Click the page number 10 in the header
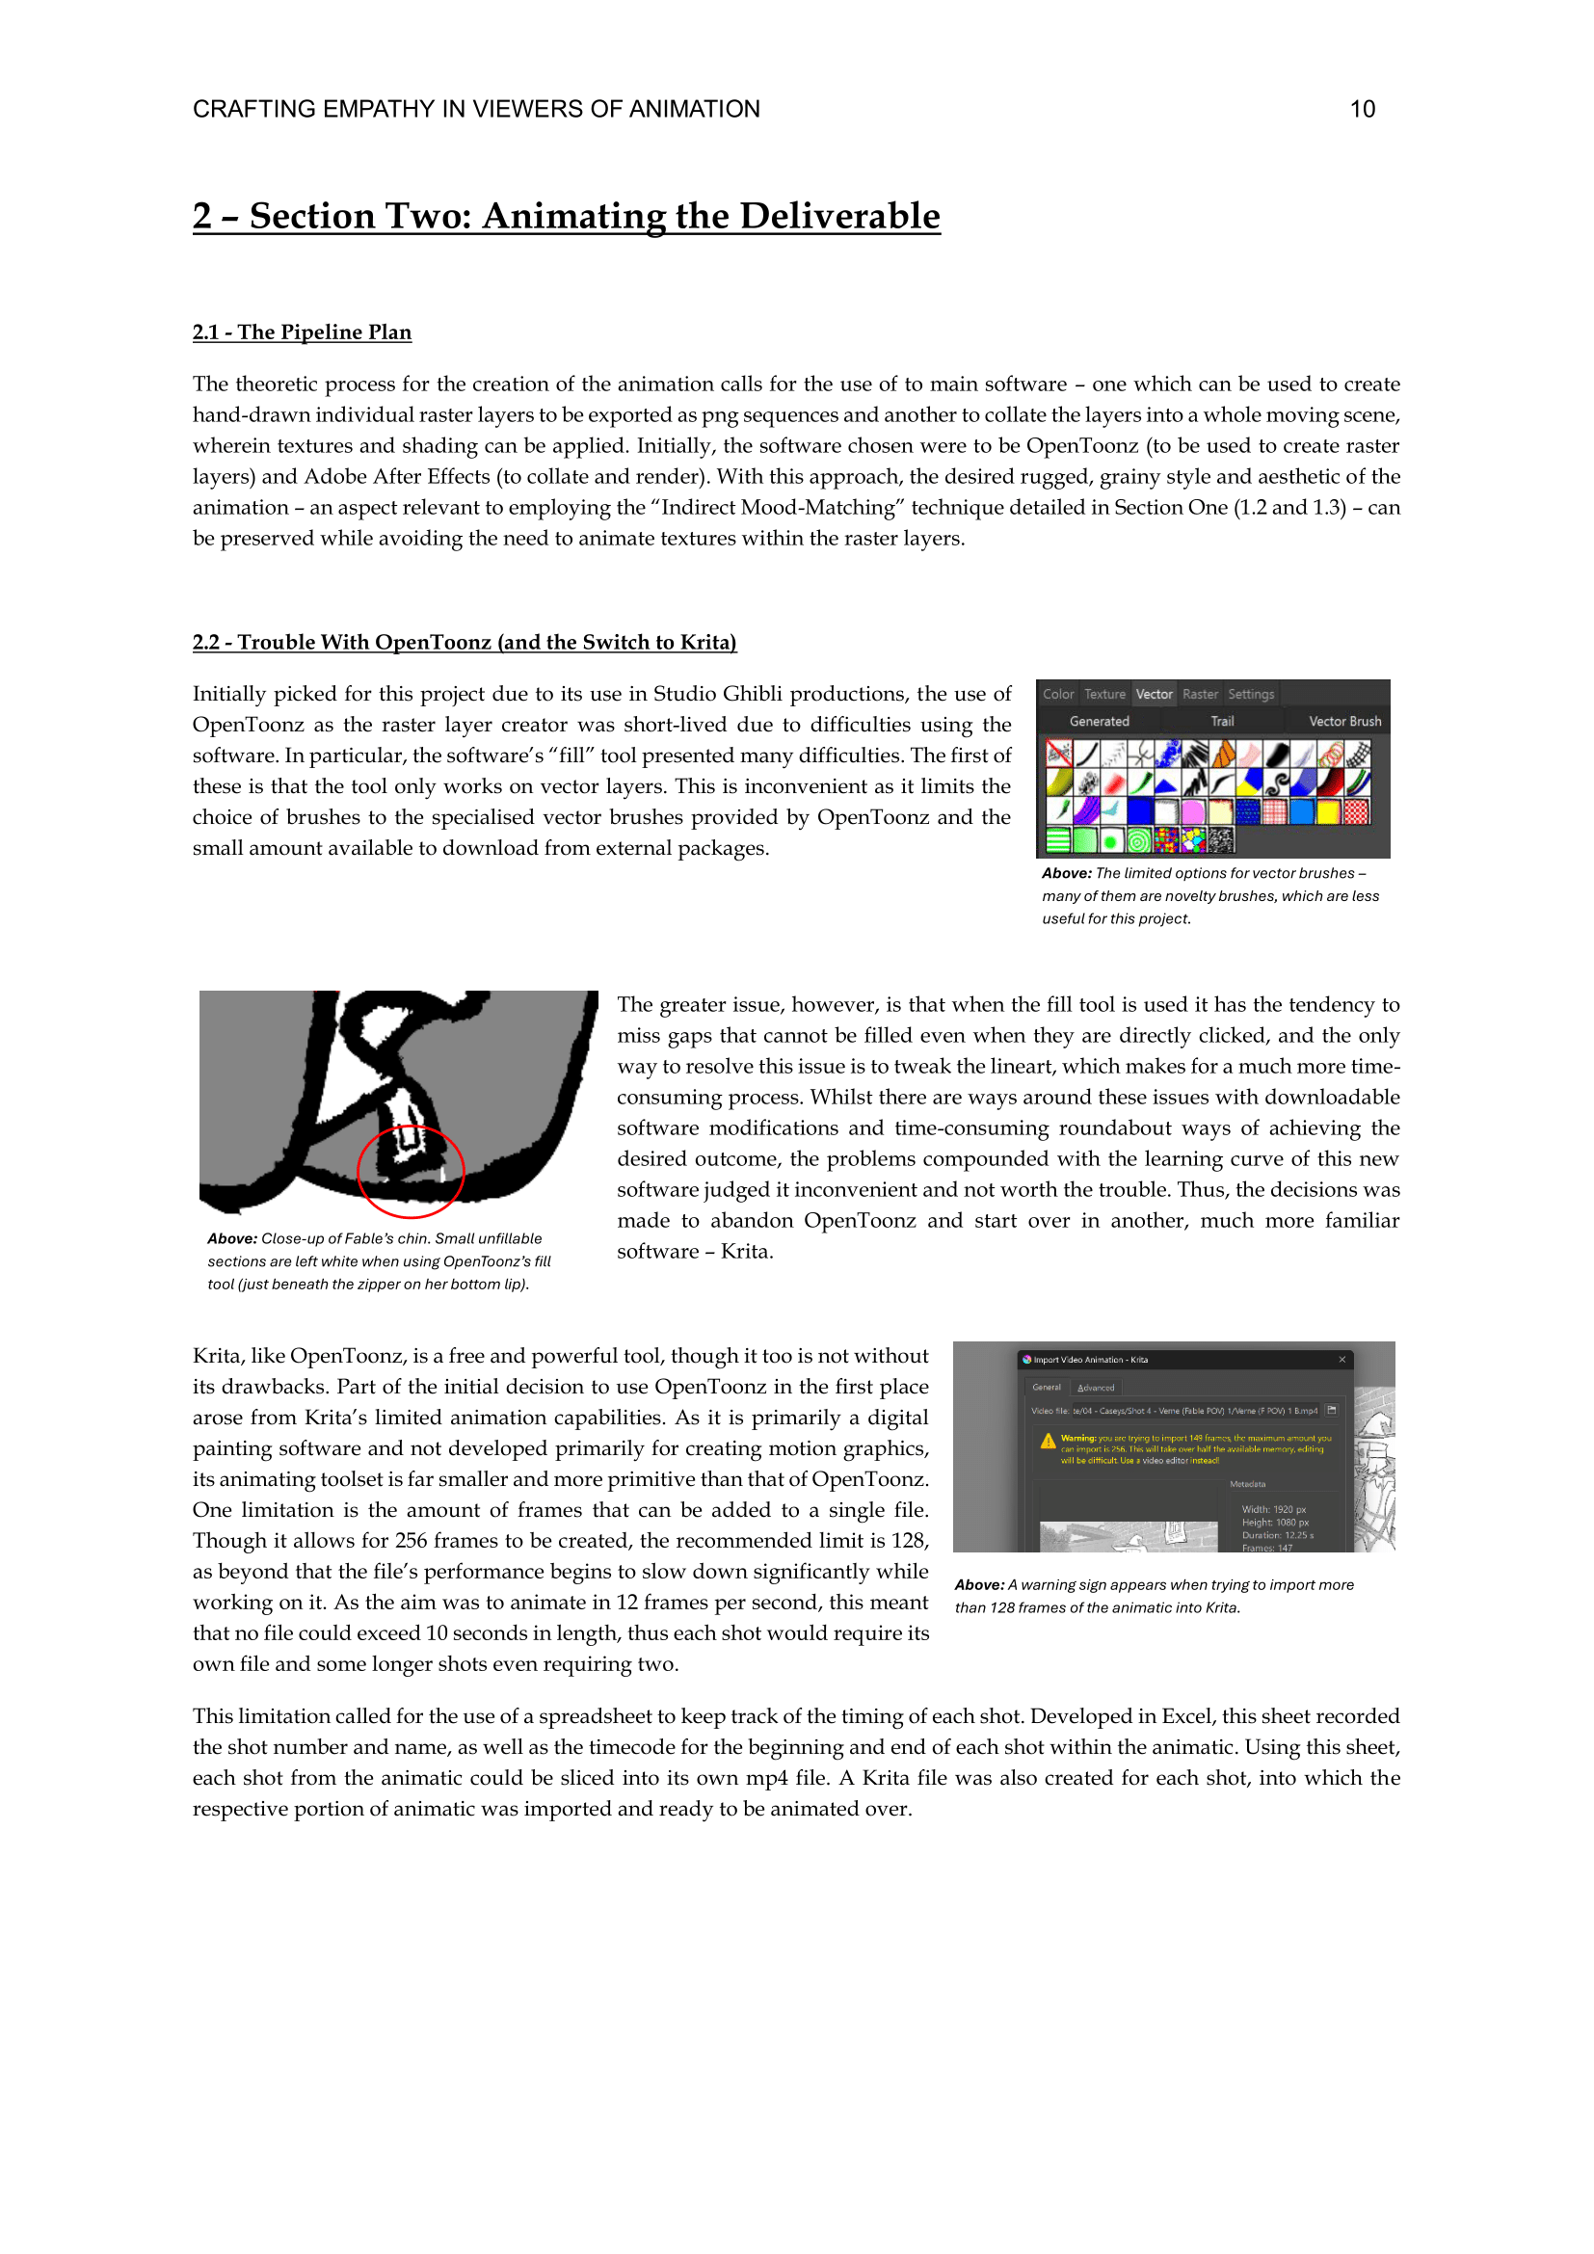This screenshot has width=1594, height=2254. (x=1362, y=109)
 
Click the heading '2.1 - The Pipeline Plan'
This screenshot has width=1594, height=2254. (x=302, y=331)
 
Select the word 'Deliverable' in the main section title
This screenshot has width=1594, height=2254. (x=839, y=216)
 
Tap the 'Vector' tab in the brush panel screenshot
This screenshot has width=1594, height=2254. (x=1154, y=694)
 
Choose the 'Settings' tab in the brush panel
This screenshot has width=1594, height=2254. (x=1251, y=694)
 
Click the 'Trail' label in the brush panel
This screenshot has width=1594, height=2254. (x=1222, y=721)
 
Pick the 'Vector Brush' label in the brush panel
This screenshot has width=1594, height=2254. (x=1343, y=721)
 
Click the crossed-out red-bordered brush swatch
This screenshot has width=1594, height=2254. (x=1059, y=754)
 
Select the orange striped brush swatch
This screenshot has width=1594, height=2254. (x=1222, y=754)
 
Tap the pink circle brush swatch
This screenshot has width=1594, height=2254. (x=1193, y=810)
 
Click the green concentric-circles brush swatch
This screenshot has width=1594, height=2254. (x=1138, y=840)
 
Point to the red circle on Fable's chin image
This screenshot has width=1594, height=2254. (x=411, y=1171)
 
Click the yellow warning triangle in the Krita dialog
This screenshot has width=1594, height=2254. (x=1048, y=1441)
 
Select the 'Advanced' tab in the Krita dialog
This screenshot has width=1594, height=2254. (x=1096, y=1387)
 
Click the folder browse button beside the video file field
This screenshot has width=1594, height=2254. (x=1332, y=1411)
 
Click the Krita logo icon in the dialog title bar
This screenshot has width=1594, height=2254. (x=1026, y=1360)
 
